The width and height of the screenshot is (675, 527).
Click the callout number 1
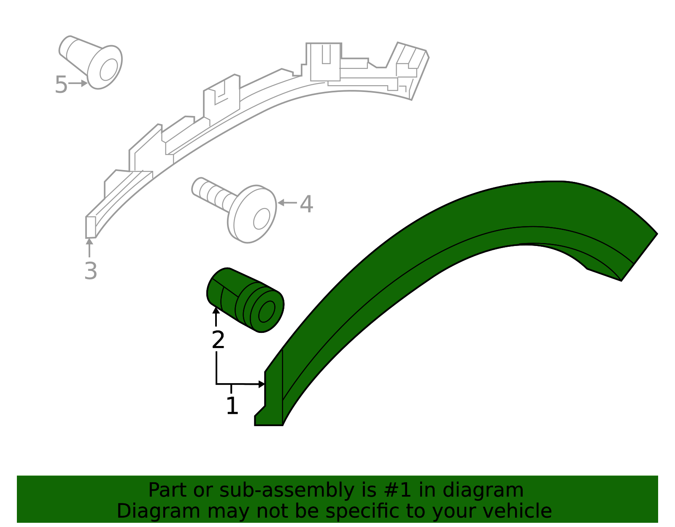tap(232, 406)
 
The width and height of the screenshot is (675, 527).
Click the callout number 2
tap(218, 340)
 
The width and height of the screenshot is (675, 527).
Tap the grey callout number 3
tap(91, 271)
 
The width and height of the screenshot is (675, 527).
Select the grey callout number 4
tap(306, 204)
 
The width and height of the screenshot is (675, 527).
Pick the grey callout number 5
tap(61, 85)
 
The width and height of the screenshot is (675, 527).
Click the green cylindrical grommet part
tap(245, 300)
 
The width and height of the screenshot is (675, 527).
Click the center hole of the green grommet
tap(266, 312)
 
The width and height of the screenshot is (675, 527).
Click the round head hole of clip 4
tap(262, 219)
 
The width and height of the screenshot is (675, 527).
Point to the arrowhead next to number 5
tap(84, 84)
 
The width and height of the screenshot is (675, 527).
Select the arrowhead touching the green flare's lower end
tap(262, 384)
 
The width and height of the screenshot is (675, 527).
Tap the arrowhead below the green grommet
tap(216, 311)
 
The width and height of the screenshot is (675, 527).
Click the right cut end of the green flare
tap(639, 257)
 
